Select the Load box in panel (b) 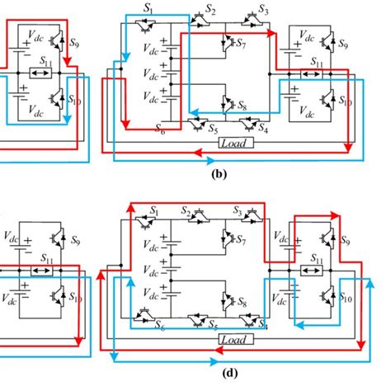tap(236, 143)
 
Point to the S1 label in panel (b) tap(161, 9)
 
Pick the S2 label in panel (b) tap(210, 9)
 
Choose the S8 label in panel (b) tap(241, 106)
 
